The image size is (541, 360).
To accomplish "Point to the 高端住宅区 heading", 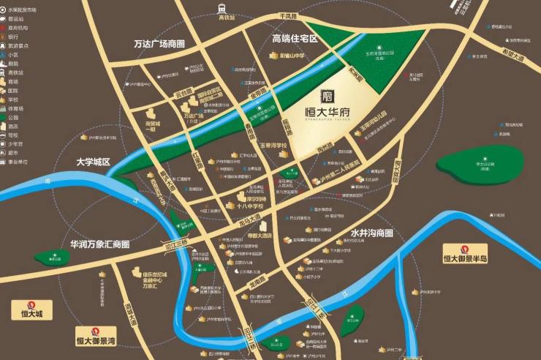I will [x=295, y=38].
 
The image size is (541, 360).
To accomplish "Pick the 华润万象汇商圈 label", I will [x=99, y=243].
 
